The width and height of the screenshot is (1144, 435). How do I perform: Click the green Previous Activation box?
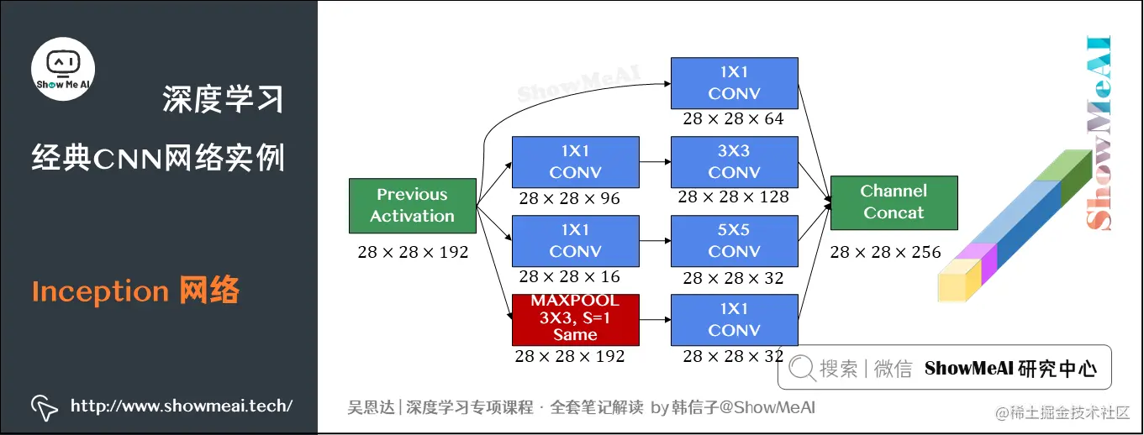click(412, 206)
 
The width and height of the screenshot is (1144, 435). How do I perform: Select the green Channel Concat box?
click(894, 202)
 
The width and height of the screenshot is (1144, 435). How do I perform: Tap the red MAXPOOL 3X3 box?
click(576, 319)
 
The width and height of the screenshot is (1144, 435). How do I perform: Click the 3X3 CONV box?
click(734, 162)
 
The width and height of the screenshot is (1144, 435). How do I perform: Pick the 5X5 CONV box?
click(734, 241)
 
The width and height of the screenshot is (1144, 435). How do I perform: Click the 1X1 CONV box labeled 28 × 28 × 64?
click(734, 83)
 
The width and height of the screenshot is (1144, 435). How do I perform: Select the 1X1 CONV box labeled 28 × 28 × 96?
click(576, 162)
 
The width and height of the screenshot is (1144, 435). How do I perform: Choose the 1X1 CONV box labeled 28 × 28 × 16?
click(576, 241)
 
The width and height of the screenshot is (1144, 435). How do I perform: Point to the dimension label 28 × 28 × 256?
click(885, 252)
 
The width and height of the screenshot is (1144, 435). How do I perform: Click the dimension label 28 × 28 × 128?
click(733, 197)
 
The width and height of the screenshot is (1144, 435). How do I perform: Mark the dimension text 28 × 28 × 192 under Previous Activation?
click(413, 252)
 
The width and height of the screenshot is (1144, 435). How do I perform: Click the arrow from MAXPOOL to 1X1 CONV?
click(655, 320)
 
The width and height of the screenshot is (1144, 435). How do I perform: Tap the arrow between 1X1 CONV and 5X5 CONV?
click(655, 241)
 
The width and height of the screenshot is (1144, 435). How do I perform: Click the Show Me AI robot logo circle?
click(63, 68)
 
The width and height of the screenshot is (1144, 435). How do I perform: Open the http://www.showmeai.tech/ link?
click(182, 406)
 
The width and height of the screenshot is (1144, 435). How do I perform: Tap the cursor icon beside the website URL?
click(44, 406)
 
